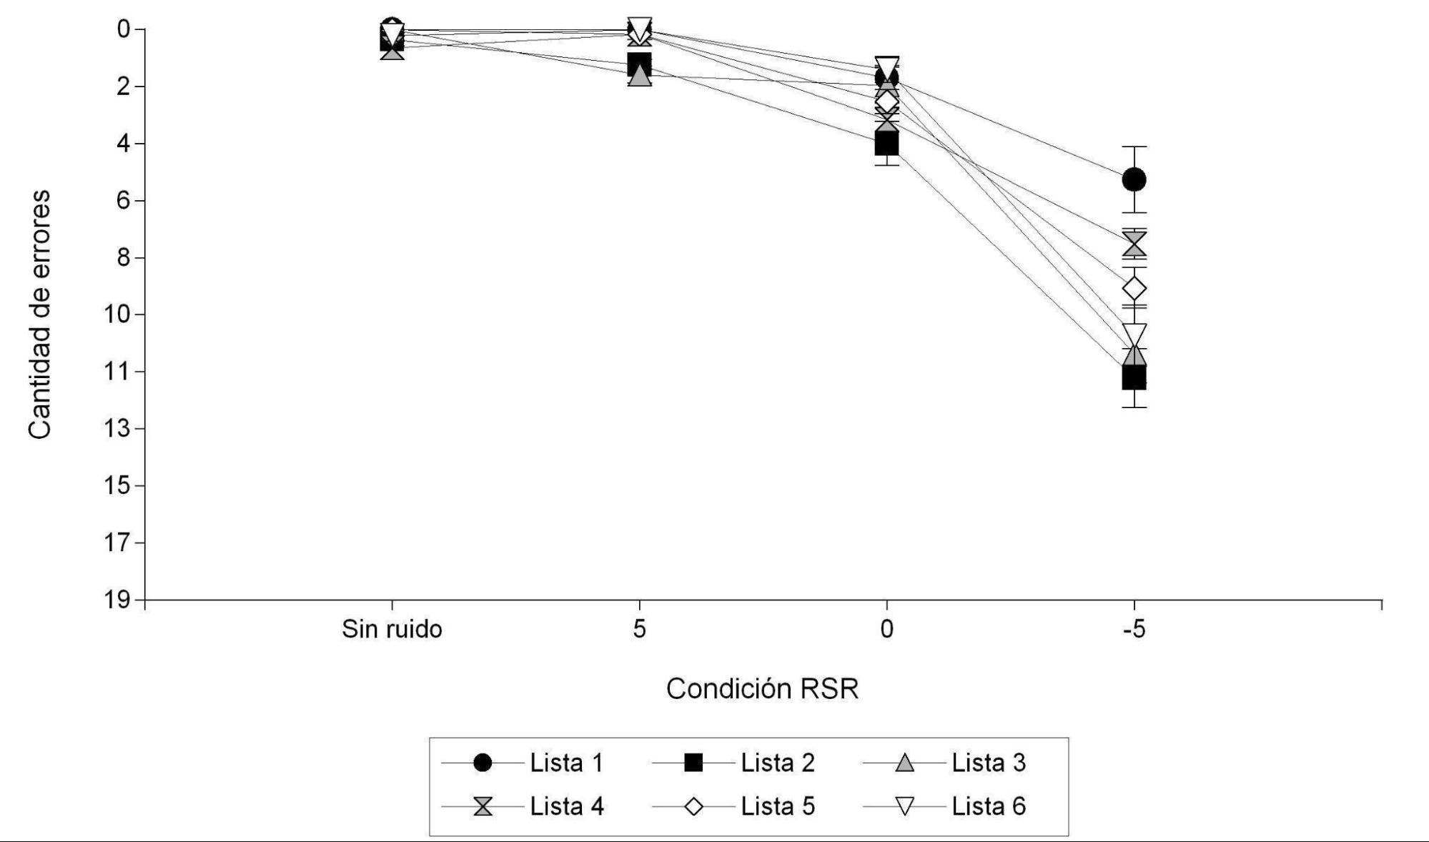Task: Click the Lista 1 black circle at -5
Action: (x=1134, y=179)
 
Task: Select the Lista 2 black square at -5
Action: (x=1134, y=377)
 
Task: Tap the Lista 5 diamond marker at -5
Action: (x=1134, y=288)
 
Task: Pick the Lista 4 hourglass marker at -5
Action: (x=1134, y=244)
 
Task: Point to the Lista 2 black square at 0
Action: (x=886, y=144)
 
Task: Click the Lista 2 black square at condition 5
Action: (x=639, y=64)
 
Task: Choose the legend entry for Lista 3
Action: (x=944, y=763)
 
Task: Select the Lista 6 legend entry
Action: (x=944, y=806)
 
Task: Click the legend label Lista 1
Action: (x=566, y=763)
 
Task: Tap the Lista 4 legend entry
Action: (x=523, y=806)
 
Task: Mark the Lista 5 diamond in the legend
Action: (x=693, y=807)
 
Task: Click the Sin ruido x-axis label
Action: (x=392, y=629)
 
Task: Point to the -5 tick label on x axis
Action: (x=1134, y=629)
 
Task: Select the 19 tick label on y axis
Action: (x=118, y=600)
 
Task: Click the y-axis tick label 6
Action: (x=124, y=200)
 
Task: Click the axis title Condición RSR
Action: (x=762, y=688)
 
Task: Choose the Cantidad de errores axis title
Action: (x=39, y=314)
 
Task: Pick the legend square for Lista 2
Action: (x=693, y=763)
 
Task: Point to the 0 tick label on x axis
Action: (x=886, y=629)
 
